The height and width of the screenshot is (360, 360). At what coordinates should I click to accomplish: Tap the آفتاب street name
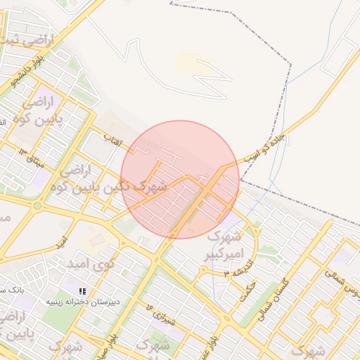pyautogui.click(x=113, y=141)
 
